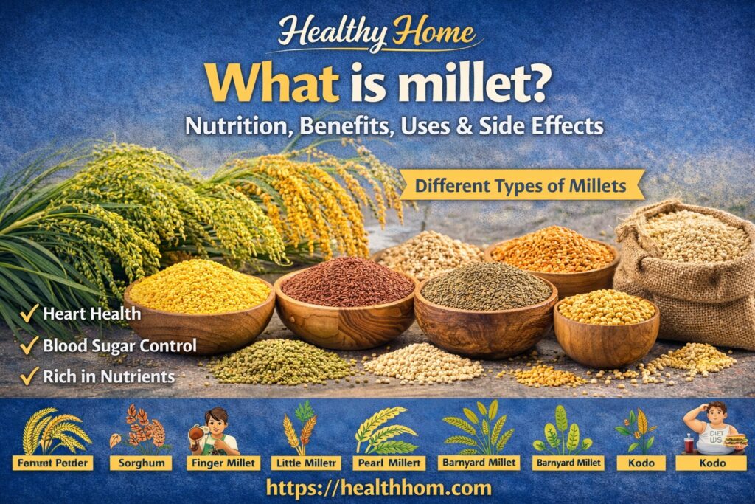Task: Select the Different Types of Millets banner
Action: point(521,184)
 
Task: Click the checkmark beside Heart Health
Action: point(29,314)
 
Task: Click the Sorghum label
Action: point(140,463)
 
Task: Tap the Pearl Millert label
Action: point(386,463)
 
